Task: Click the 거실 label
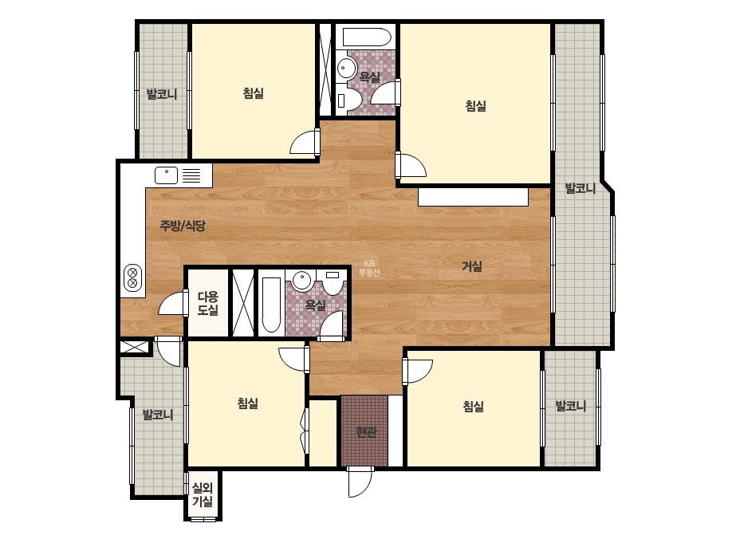[472, 266]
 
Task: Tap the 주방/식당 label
[183, 226]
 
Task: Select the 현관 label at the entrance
[366, 431]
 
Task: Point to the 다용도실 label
[207, 303]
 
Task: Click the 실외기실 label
[203, 495]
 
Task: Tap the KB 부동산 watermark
[369, 268]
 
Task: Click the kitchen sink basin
[166, 175]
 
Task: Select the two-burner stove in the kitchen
[132, 277]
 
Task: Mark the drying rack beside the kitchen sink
[191, 175]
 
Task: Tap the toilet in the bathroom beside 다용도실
[333, 281]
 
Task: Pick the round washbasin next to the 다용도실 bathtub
[302, 281]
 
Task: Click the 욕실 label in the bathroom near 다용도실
[316, 305]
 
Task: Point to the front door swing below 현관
[360, 482]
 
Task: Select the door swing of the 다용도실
[173, 303]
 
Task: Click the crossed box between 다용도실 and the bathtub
[243, 303]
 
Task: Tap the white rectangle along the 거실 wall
[473, 197]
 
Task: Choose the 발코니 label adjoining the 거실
[581, 189]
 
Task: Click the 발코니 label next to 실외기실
[158, 415]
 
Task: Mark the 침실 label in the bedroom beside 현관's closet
[473, 406]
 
